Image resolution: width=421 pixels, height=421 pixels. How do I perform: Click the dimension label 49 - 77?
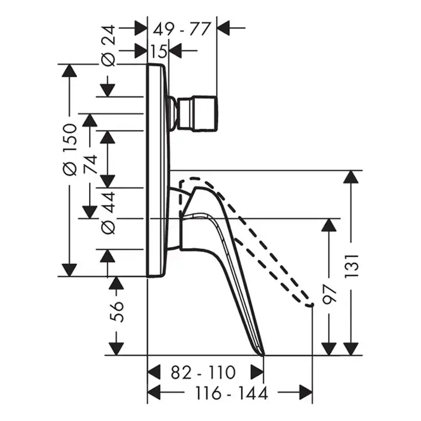(x=182, y=29)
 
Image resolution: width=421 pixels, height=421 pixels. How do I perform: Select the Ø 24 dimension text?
(x=108, y=46)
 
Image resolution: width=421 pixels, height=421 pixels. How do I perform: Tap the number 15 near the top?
(x=158, y=51)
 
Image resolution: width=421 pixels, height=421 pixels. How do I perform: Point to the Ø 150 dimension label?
(x=70, y=149)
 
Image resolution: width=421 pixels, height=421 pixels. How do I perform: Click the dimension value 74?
(x=90, y=164)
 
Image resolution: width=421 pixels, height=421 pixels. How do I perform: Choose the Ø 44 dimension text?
(x=108, y=213)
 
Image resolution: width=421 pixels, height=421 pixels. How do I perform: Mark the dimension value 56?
(x=117, y=312)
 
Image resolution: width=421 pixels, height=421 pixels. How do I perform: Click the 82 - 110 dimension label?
(x=203, y=372)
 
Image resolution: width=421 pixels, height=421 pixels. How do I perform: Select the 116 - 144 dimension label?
(x=232, y=393)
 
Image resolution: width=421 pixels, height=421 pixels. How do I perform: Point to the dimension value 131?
(x=351, y=266)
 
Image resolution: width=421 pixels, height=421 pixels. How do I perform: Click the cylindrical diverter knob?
(x=198, y=113)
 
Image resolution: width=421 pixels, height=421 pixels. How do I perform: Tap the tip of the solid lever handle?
(x=264, y=355)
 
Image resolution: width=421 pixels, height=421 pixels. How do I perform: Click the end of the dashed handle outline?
(x=312, y=304)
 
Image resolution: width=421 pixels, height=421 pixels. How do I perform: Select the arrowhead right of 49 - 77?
(x=223, y=28)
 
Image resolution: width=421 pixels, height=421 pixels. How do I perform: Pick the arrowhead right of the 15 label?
(x=176, y=51)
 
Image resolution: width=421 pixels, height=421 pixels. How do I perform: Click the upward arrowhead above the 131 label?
(x=351, y=177)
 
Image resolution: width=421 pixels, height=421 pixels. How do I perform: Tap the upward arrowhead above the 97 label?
(x=329, y=226)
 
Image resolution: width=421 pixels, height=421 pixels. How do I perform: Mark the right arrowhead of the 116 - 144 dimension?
(x=306, y=393)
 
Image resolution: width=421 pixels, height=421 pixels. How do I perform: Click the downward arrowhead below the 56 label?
(x=117, y=349)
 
